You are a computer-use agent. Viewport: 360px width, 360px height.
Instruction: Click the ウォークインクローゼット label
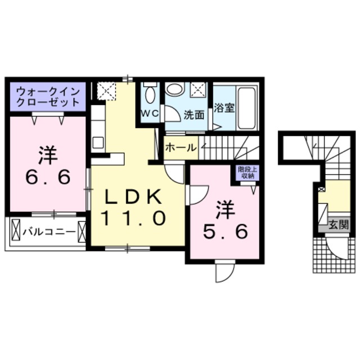48,97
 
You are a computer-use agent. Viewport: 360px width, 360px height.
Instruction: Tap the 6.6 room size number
48,178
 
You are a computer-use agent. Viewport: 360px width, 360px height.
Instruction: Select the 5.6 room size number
225,231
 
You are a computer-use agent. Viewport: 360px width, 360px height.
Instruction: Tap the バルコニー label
49,232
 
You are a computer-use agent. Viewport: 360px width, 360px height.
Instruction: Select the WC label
150,113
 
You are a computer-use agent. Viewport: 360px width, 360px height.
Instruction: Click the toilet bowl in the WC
150,94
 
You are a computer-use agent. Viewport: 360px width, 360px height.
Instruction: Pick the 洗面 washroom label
194,115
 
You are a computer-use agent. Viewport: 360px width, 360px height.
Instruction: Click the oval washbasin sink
175,89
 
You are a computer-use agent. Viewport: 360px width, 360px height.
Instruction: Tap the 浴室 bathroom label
224,108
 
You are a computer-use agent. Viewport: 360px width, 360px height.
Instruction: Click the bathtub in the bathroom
247,108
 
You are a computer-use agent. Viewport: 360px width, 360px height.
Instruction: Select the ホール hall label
181,147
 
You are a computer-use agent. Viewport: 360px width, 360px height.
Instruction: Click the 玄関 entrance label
339,224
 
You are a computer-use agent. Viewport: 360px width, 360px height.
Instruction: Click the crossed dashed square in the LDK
106,91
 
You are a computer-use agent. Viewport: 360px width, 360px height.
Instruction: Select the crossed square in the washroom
199,89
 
